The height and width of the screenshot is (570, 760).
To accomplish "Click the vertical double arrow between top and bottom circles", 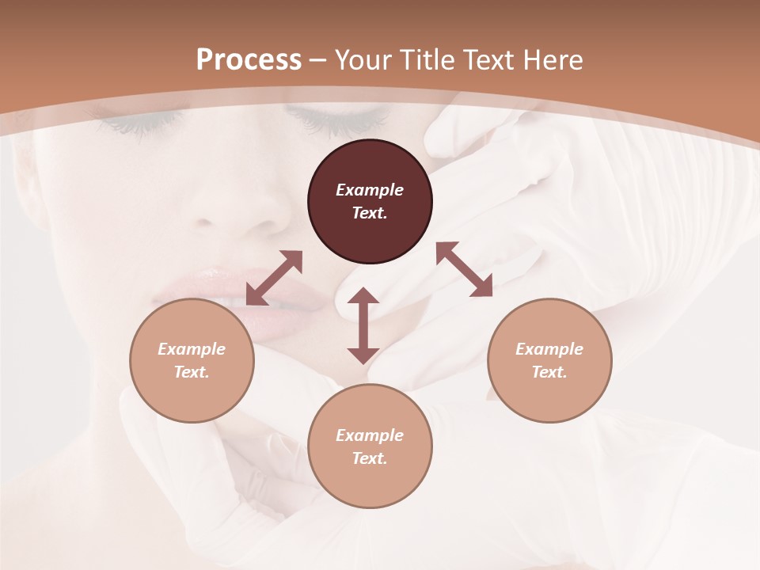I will click(363, 325).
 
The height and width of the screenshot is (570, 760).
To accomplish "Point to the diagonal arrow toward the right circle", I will click(464, 269).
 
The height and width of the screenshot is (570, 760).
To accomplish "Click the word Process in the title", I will click(249, 59).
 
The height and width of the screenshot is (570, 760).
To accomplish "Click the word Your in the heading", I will click(363, 59).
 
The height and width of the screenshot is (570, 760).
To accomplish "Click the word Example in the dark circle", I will click(370, 190).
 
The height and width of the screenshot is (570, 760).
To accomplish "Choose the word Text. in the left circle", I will click(192, 372).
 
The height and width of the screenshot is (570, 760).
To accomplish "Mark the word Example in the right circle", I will click(549, 349).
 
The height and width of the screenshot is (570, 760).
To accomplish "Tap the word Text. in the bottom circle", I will click(370, 458).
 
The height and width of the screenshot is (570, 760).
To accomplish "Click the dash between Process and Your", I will click(318, 60).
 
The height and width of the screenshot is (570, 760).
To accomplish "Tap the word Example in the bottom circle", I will click(370, 435).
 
